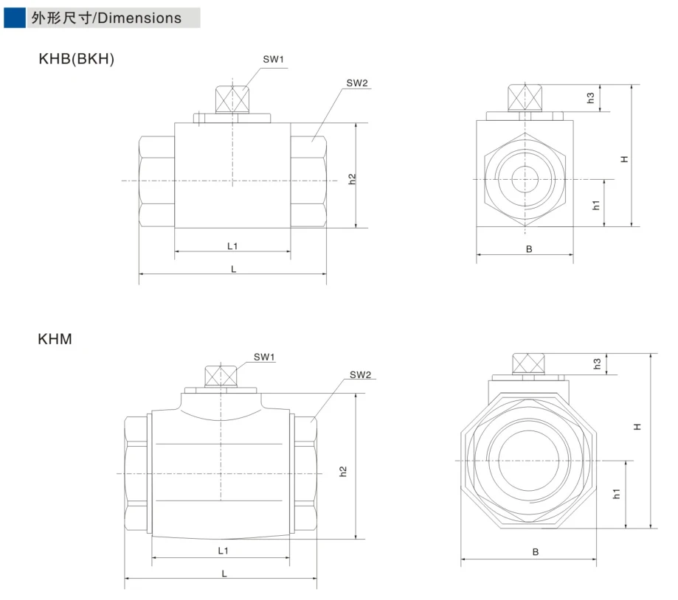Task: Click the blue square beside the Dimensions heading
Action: pyautogui.click(x=15, y=18)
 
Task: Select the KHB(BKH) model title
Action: pyautogui.click(x=77, y=59)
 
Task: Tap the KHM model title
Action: pyautogui.click(x=55, y=339)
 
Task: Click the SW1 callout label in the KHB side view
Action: pyautogui.click(x=273, y=59)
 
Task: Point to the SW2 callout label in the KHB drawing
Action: pyautogui.click(x=357, y=83)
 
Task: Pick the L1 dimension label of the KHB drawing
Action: pyautogui.click(x=232, y=246)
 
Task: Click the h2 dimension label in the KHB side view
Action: pyautogui.click(x=352, y=179)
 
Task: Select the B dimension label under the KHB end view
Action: pyautogui.click(x=529, y=249)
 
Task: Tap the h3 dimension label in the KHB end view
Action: pyautogui.click(x=591, y=98)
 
